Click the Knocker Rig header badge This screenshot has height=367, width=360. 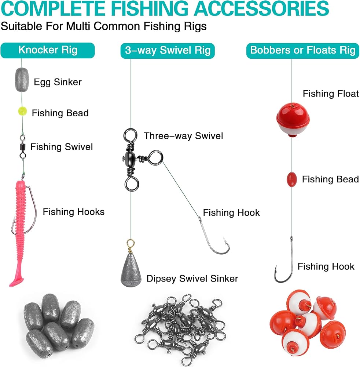pyautogui.click(x=48, y=50)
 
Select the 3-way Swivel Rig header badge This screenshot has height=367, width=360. pyautogui.click(x=168, y=51)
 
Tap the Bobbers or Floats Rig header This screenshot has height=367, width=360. pyautogui.click(x=303, y=51)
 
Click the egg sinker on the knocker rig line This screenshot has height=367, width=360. pyautogui.click(x=22, y=80)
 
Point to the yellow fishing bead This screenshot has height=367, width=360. pyautogui.click(x=22, y=112)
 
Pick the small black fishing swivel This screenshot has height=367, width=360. pyautogui.click(x=22, y=146)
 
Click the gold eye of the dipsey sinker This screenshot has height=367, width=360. pyautogui.click(x=131, y=244)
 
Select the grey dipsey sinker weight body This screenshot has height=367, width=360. pyautogui.click(x=131, y=269)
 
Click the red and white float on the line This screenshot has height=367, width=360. pyautogui.click(x=293, y=120)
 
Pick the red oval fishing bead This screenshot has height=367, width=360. pyautogui.click(x=292, y=179)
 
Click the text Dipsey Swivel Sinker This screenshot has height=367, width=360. pyautogui.click(x=192, y=279)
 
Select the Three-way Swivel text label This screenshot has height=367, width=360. pyautogui.click(x=183, y=136)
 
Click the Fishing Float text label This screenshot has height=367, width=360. pyautogui.click(x=331, y=94)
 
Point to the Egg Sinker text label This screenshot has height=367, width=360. pyautogui.click(x=58, y=82)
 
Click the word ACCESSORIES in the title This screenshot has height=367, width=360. pyautogui.click(x=262, y=8)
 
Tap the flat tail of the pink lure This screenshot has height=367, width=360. pyautogui.click(x=16, y=281)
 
